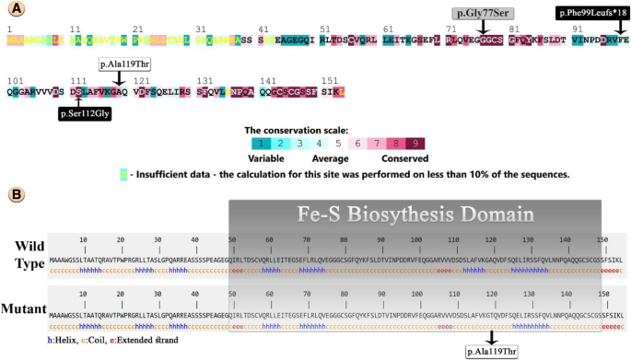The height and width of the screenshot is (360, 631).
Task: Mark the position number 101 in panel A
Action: [x=13, y=81]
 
